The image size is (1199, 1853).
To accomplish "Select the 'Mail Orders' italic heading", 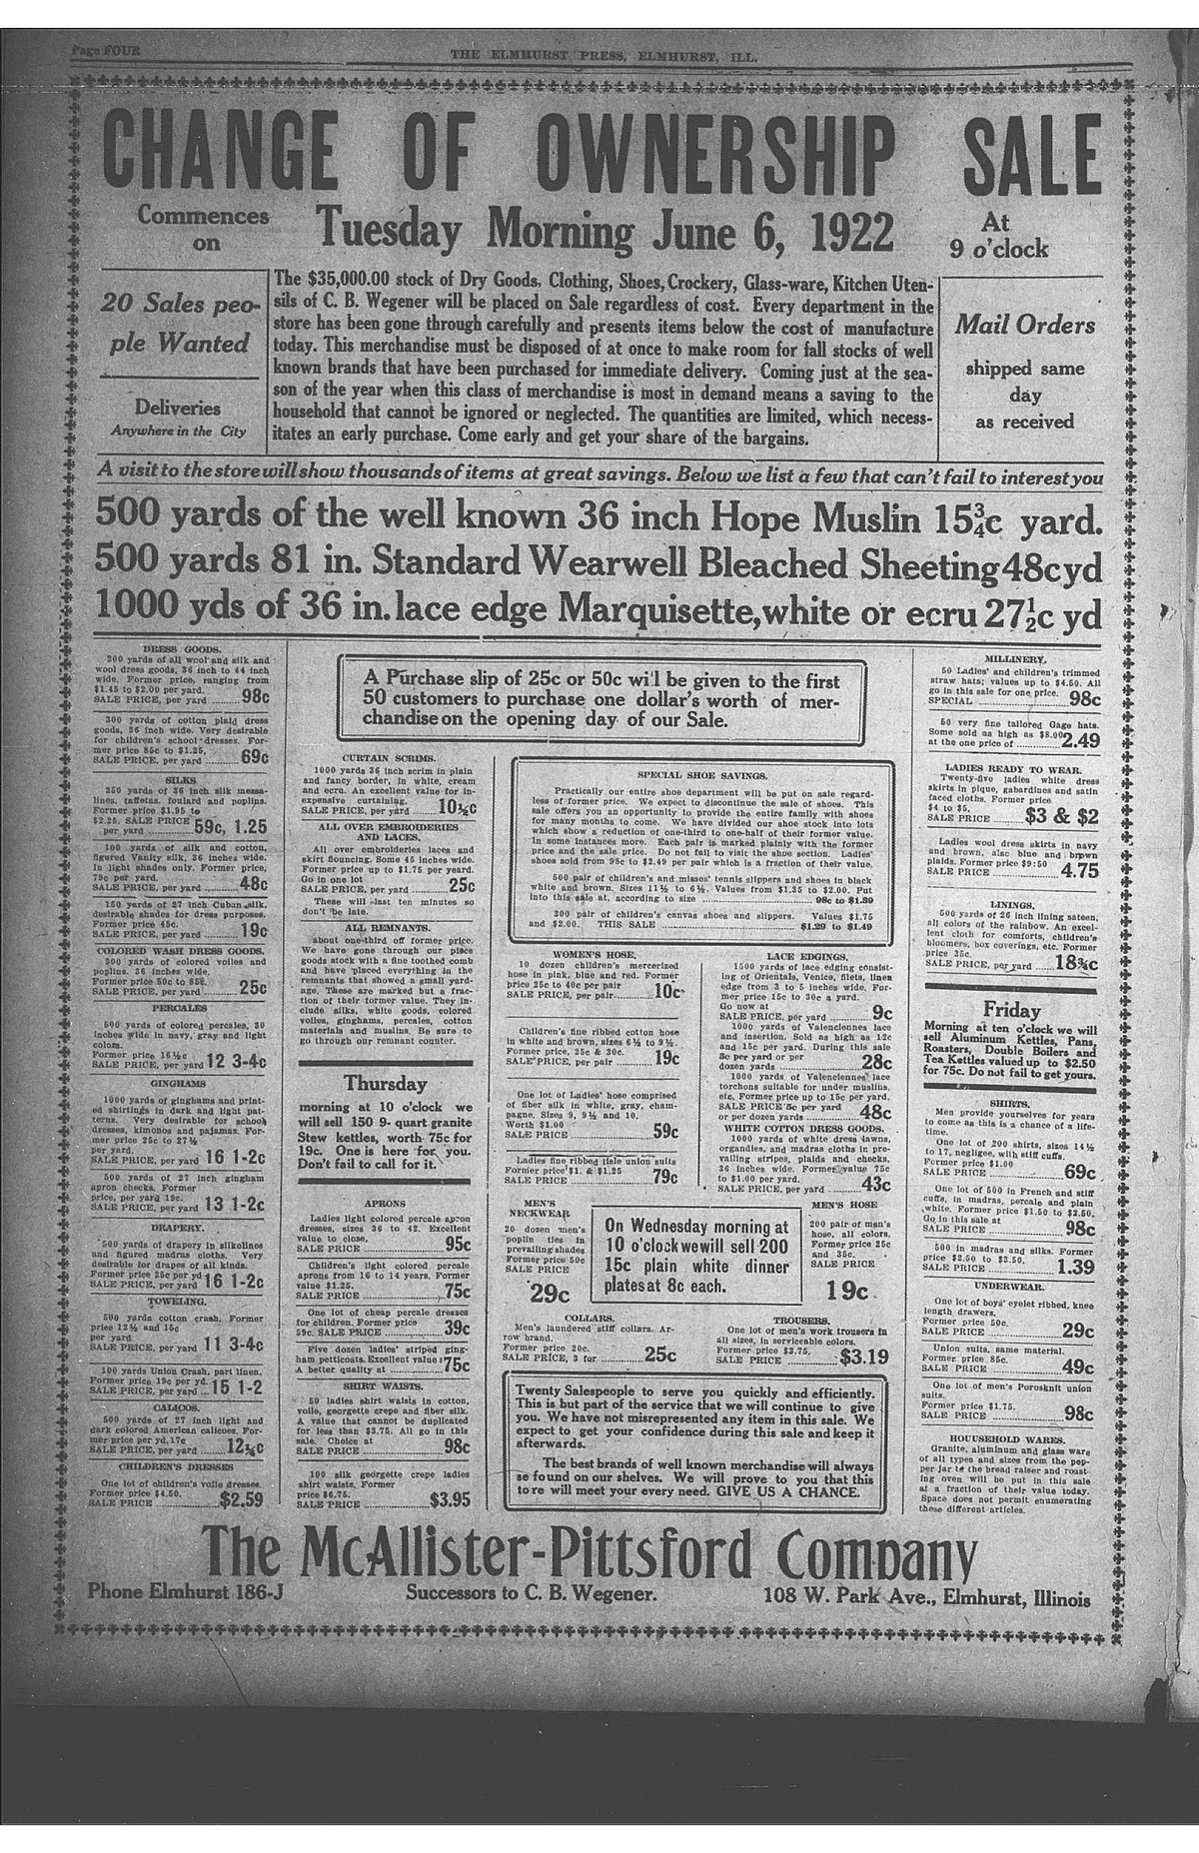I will (1024, 325).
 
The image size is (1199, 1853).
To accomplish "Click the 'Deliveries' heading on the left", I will (178, 408).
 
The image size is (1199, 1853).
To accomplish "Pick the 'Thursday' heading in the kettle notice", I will (385, 1083).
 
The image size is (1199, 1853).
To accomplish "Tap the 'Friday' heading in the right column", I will (1011, 1009).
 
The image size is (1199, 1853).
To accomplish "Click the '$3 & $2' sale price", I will (1061, 816).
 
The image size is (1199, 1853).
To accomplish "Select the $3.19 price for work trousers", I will (863, 1357).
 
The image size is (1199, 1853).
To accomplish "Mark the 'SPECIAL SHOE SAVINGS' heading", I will (701, 774).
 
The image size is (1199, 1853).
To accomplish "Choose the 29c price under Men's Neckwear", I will (549, 1294).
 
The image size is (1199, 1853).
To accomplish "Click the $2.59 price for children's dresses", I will (241, 1498).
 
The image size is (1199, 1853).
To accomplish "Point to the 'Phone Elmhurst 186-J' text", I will (186, 1592).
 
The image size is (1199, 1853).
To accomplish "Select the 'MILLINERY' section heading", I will (1015, 659).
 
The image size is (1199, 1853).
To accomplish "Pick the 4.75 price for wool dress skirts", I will (1079, 870).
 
